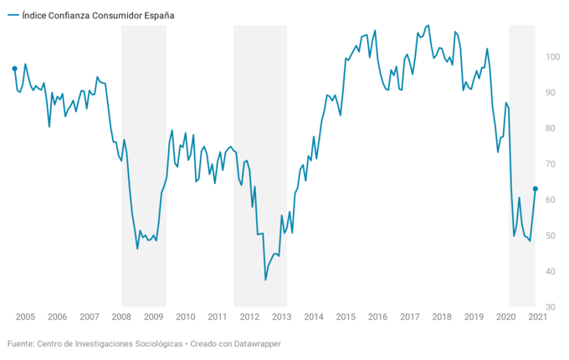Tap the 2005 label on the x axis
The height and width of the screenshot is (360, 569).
[x=25, y=317]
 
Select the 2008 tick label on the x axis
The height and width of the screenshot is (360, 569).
[x=121, y=317]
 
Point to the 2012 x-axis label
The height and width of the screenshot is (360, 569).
[x=249, y=317]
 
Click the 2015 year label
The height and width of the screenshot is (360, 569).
[x=346, y=317]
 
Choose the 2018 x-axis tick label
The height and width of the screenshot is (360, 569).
[x=442, y=317]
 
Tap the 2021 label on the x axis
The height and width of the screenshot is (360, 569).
[x=538, y=317]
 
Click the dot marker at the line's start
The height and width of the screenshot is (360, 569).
[x=15, y=69]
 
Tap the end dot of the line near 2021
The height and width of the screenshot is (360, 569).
[x=536, y=189]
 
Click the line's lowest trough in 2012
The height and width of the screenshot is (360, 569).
[x=265, y=280]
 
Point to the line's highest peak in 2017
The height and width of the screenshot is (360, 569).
[x=428, y=25]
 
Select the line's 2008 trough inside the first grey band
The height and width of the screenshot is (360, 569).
[x=137, y=249]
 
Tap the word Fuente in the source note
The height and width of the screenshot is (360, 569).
[x=21, y=344]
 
